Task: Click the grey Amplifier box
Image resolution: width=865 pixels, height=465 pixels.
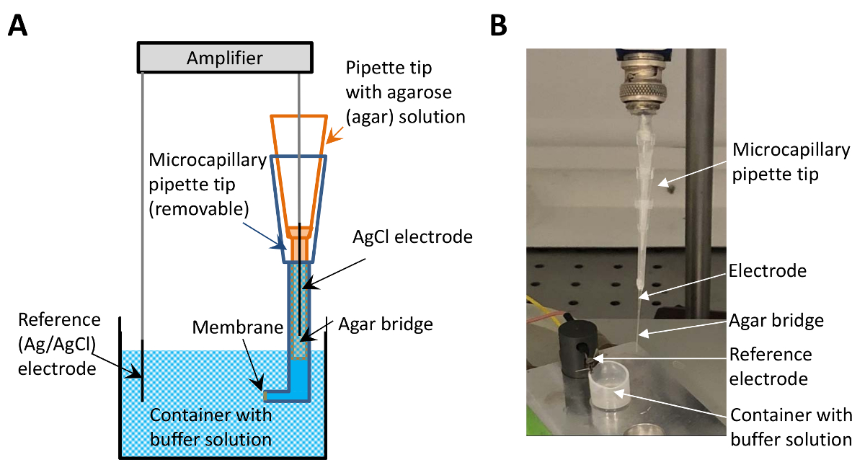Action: tap(224, 58)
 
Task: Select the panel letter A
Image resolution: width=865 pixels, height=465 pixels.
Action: tap(18, 26)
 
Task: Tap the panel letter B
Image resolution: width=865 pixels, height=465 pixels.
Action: tap(498, 26)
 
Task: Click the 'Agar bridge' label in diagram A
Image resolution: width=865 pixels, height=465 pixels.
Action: tap(386, 324)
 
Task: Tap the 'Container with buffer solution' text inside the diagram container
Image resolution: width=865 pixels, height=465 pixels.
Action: tap(210, 426)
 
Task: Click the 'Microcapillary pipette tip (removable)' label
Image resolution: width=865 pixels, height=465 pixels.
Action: tap(198, 185)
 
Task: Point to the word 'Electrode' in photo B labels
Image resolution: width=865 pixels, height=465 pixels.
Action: tap(768, 271)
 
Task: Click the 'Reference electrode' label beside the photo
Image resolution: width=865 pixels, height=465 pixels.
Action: tap(771, 366)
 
